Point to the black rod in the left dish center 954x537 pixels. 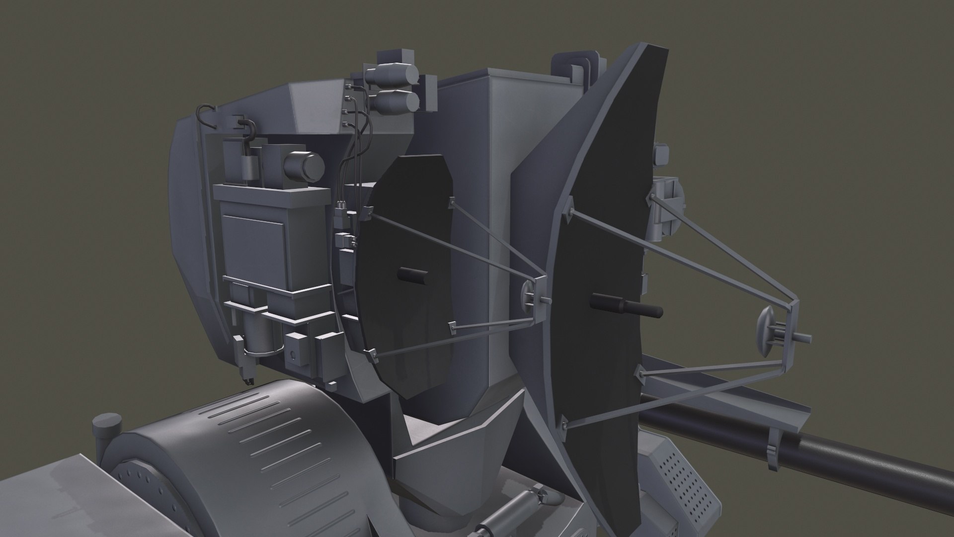pos(412,274)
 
